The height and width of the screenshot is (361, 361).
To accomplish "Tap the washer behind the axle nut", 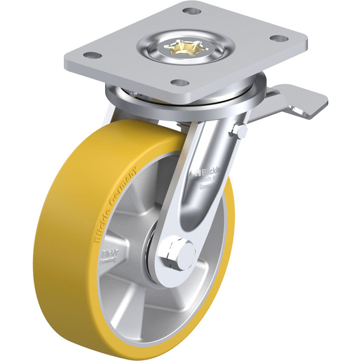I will pos(165,263).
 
